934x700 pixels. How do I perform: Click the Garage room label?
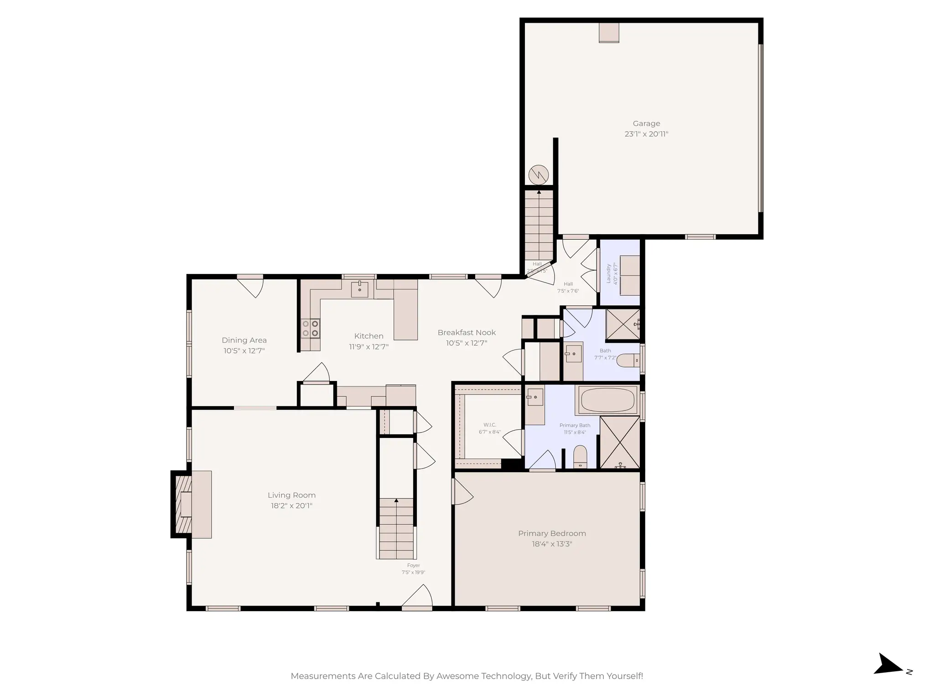tap(646, 124)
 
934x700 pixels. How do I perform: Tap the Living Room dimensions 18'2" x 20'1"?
tap(291, 505)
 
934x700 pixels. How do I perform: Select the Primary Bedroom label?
tap(552, 533)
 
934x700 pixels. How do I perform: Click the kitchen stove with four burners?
tap(310, 328)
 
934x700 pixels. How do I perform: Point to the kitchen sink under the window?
tap(359, 289)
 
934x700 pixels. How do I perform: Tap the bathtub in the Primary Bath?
tap(607, 400)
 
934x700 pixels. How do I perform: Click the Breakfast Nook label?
tap(466, 333)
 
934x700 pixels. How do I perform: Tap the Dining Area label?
tap(244, 340)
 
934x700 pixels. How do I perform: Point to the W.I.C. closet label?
tap(490, 425)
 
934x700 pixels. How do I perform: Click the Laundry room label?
tap(608, 273)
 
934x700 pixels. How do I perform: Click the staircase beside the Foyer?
tap(396, 529)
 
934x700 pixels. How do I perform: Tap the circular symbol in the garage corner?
tap(538, 175)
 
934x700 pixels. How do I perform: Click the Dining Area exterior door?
tap(251, 286)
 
